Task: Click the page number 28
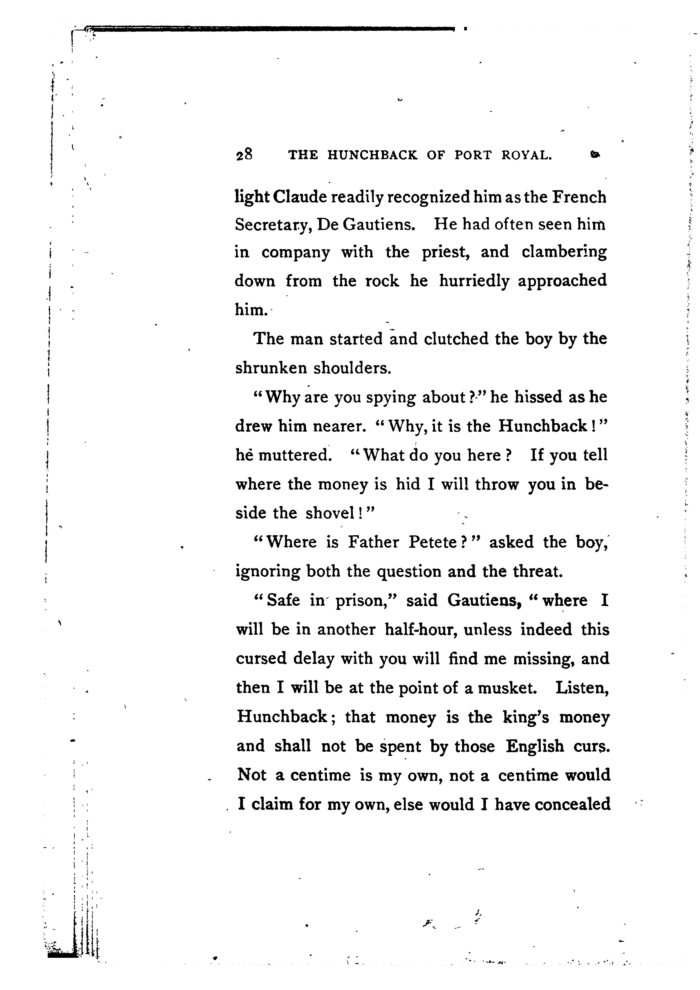[x=244, y=154]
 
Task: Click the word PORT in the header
[x=473, y=155]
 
